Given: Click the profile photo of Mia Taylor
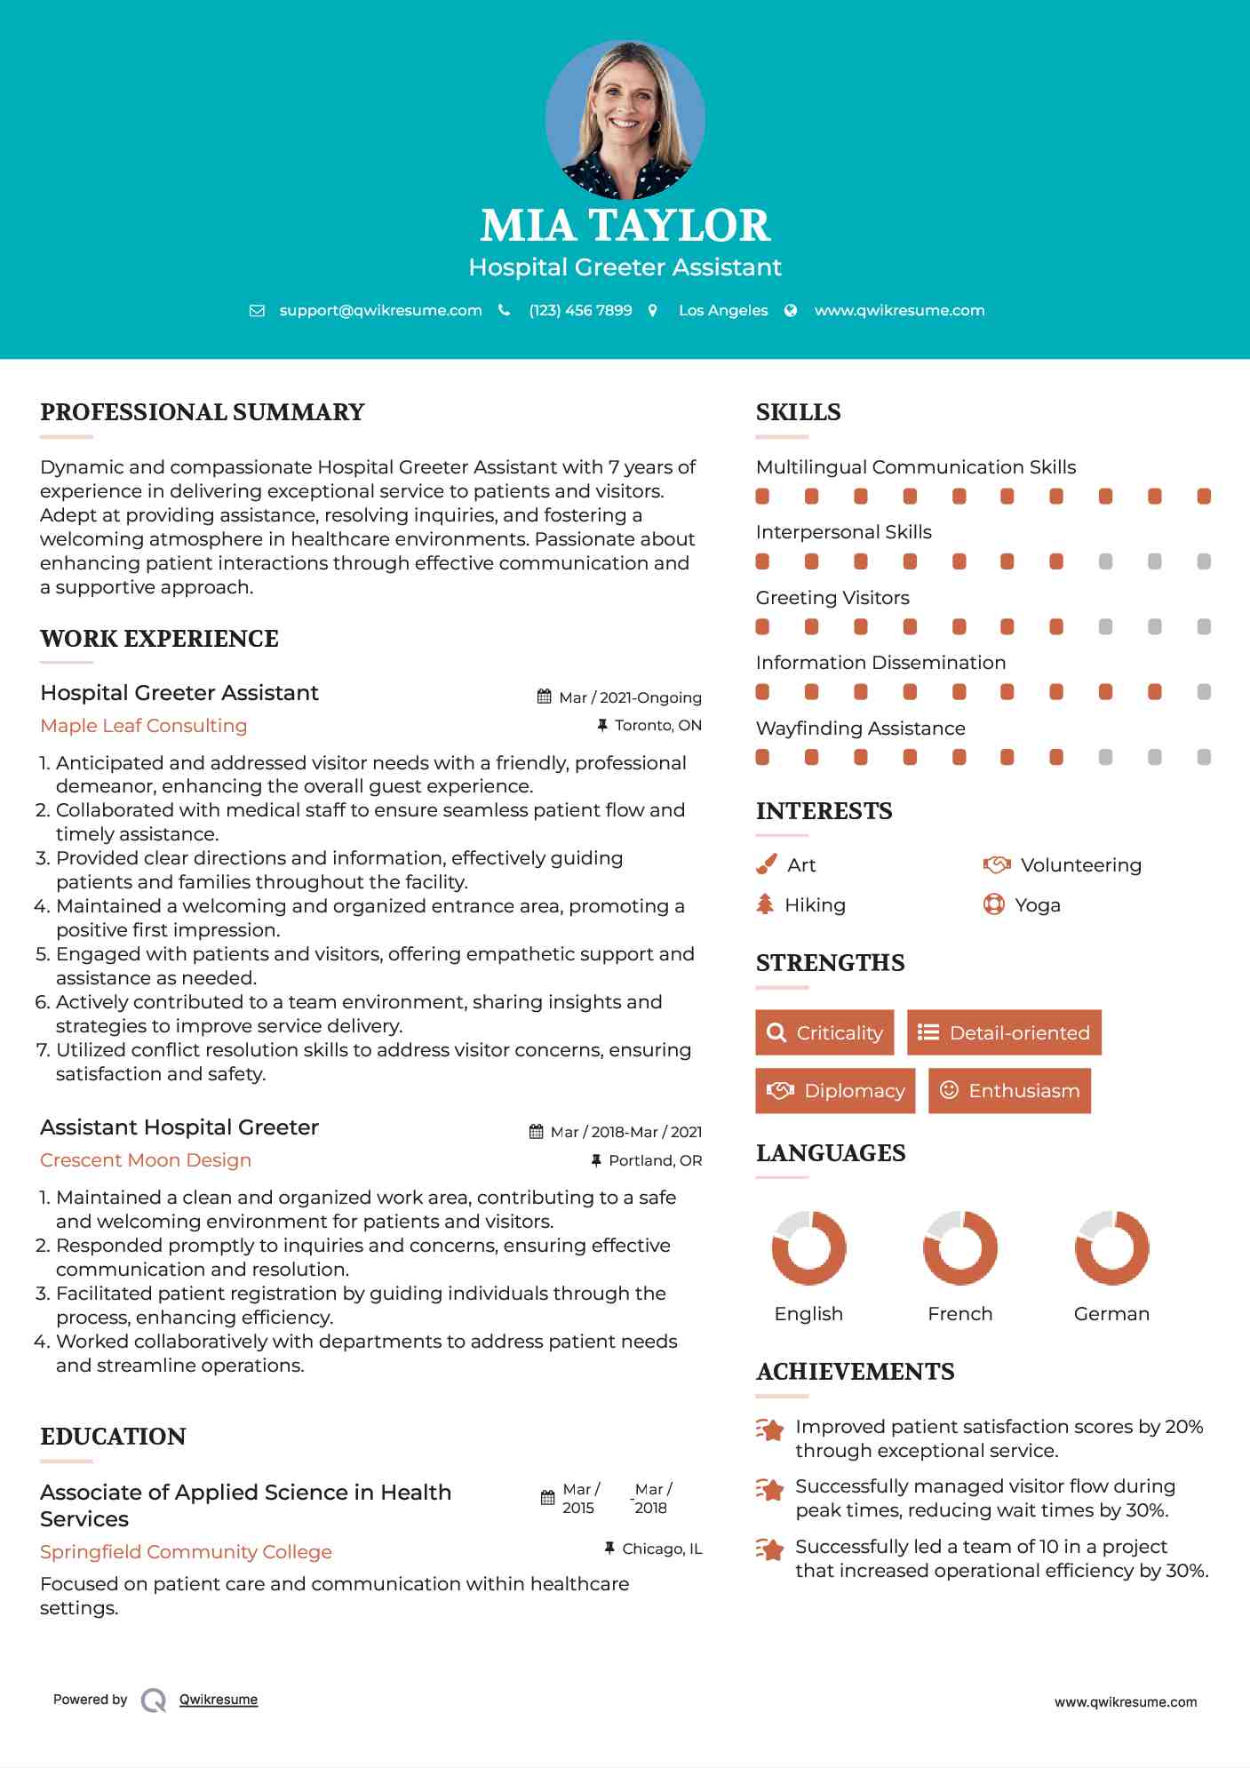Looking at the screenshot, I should pyautogui.click(x=625, y=119).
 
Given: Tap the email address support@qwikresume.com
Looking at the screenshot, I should pyautogui.click(x=380, y=311).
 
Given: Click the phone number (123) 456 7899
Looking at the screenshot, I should pyautogui.click(x=580, y=311).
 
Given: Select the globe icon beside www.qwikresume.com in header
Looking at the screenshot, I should pyautogui.click(x=791, y=311).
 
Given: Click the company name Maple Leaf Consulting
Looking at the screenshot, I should pyautogui.click(x=144, y=726).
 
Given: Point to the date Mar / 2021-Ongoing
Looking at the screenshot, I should pyautogui.click(x=630, y=697).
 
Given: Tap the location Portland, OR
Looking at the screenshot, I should pyautogui.click(x=655, y=1160).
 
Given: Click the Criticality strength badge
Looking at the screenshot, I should pyautogui.click(x=824, y=1032).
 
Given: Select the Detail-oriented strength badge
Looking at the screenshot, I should pyautogui.click(x=1004, y=1032).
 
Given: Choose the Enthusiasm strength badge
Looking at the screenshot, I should pyautogui.click(x=1009, y=1090).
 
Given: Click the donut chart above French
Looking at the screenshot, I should pyautogui.click(x=960, y=1247).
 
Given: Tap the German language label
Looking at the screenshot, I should pyautogui.click(x=1111, y=1314).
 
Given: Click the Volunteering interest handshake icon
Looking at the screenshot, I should pyautogui.click(x=997, y=864).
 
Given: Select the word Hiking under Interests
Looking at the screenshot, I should pyautogui.click(x=815, y=905).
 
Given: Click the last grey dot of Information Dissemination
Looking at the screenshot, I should pyautogui.click(x=1204, y=692).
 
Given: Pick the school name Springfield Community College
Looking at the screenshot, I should pyautogui.click(x=186, y=1552).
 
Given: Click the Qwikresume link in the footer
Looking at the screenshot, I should pyautogui.click(x=219, y=1700).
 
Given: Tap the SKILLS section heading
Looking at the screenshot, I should pyautogui.click(x=798, y=412).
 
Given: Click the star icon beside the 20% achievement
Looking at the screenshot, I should pyautogui.click(x=770, y=1430).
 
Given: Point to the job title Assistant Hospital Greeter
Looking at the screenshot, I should pyautogui.click(x=179, y=1127).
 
